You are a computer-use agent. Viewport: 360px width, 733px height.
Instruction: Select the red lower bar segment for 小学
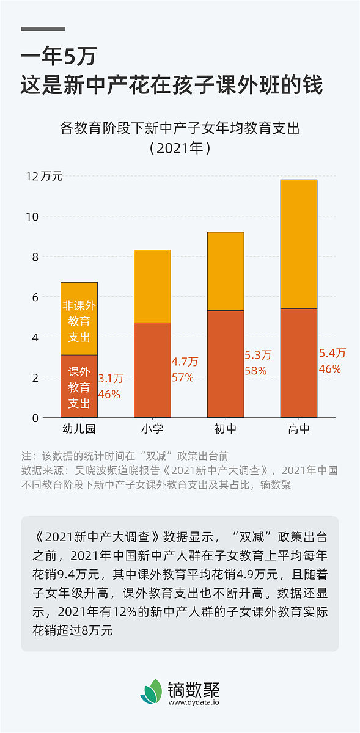[x=152, y=370]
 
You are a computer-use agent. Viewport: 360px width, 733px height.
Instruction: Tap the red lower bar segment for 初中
[x=226, y=363]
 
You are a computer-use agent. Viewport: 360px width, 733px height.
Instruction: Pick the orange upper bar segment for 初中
[x=226, y=271]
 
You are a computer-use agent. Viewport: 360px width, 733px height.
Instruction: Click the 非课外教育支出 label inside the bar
[x=79, y=321]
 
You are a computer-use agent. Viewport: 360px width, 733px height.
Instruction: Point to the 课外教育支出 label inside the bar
[x=79, y=387]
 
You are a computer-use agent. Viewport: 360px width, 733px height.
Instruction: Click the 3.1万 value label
[x=111, y=379]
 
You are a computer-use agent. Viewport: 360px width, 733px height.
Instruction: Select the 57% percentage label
[x=182, y=378]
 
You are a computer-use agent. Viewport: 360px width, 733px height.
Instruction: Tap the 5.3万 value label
[x=258, y=355]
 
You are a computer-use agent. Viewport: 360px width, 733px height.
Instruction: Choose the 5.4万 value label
[x=332, y=353]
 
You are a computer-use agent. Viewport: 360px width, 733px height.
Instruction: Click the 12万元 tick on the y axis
[x=44, y=177]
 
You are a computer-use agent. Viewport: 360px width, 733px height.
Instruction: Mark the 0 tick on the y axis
[x=35, y=418]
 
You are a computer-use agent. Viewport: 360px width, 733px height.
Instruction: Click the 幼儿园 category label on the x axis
[x=79, y=429]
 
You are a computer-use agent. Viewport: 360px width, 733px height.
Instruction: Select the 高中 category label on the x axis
[x=298, y=429]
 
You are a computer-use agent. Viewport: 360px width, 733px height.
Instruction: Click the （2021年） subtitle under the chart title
[x=180, y=148]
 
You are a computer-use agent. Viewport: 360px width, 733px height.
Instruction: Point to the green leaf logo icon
[x=152, y=692]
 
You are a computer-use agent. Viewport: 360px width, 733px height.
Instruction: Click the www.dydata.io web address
[x=194, y=702]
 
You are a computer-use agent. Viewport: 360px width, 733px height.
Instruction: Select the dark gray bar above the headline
[x=43, y=29]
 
